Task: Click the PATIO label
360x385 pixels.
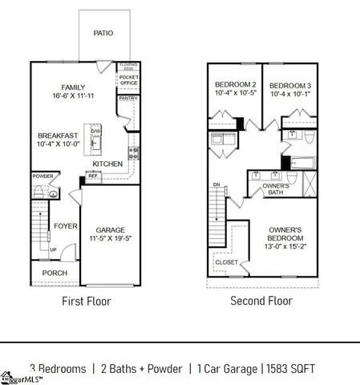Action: click(x=103, y=34)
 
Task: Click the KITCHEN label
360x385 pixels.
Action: click(x=107, y=164)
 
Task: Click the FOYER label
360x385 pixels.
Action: click(x=66, y=226)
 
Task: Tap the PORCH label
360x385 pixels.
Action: click(x=55, y=274)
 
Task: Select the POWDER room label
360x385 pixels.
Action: click(x=42, y=176)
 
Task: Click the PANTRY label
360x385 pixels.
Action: click(x=128, y=98)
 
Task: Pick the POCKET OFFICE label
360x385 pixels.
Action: click(x=129, y=81)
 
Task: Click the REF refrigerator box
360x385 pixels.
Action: click(x=93, y=176)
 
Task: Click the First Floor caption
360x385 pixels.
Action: click(x=87, y=302)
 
